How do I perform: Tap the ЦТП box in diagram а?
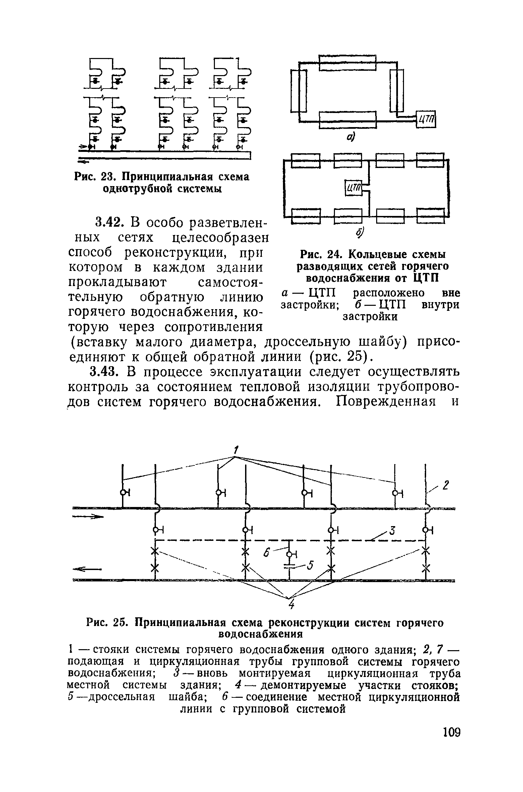pos(426,119)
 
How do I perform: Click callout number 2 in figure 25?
pos(446,485)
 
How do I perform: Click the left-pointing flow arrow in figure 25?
pos(87,569)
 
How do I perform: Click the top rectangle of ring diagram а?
pos(347,63)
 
